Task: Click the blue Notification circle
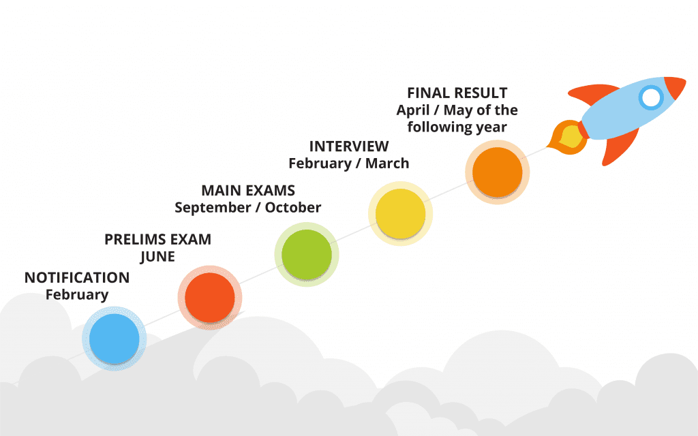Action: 115,339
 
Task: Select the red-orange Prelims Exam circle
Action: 210,298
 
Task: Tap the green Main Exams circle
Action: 307,255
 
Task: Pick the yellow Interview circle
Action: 400,213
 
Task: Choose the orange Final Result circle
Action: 497,172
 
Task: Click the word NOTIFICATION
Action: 77,278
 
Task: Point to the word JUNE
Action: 157,257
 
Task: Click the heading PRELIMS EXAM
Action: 157,239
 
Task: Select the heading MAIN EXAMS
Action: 248,191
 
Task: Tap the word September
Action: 213,208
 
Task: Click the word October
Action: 293,207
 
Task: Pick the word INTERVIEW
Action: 349,146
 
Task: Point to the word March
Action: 387,163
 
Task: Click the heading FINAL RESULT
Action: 457,93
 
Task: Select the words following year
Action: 457,127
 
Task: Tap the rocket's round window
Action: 651,98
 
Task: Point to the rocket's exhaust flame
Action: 566,137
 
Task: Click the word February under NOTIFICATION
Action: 77,294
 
